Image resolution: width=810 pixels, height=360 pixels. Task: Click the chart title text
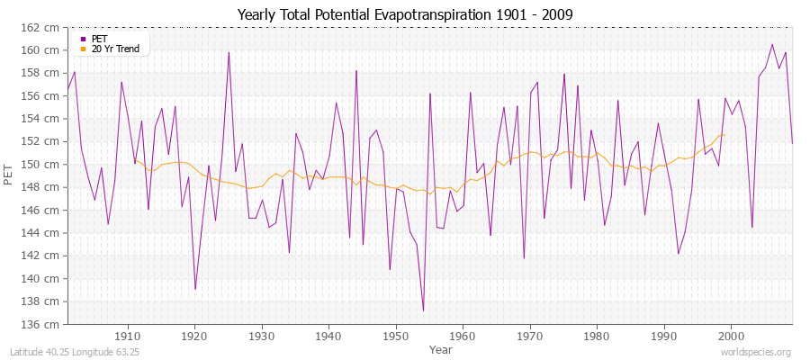[x=404, y=14]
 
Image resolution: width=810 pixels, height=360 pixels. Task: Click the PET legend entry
[x=98, y=39]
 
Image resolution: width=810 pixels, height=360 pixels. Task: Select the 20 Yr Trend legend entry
[x=114, y=49]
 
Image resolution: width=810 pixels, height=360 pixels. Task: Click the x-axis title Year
[x=441, y=348]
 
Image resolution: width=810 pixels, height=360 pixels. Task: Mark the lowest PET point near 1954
[x=423, y=310]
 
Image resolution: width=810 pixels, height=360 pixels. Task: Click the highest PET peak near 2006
[x=771, y=44]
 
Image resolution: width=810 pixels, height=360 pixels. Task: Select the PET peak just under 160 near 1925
[x=229, y=51]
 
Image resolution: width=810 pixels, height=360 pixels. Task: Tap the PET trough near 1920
[x=195, y=289]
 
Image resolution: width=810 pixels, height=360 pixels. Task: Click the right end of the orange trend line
[x=724, y=135]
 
